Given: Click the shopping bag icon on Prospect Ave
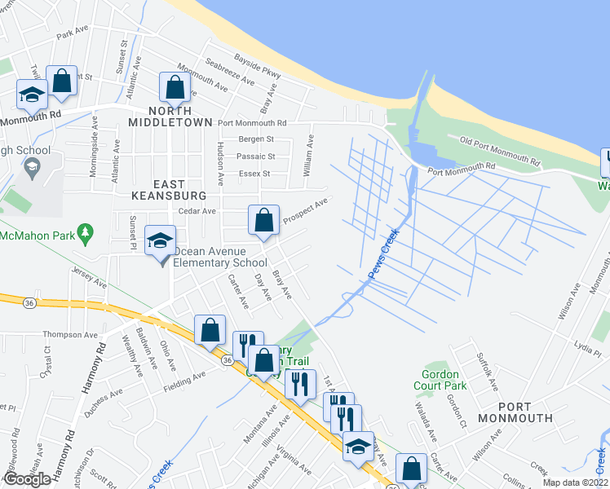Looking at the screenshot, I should coord(264,220).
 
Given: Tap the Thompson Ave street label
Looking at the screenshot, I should coord(71,335).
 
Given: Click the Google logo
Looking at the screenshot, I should coord(27,479).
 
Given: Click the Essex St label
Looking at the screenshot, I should coord(253,174).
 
